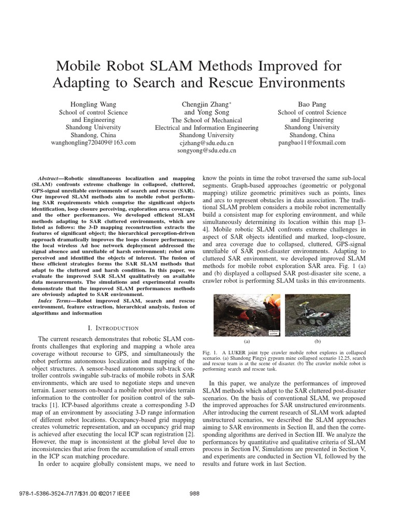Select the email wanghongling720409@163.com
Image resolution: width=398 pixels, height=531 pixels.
(x=93, y=142)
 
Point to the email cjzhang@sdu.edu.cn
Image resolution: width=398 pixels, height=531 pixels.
(x=207, y=143)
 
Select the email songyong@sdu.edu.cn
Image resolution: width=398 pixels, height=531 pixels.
(x=207, y=150)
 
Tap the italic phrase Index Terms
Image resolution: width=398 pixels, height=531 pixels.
(x=56, y=301)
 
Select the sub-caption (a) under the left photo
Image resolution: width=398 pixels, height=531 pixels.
(x=247, y=342)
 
